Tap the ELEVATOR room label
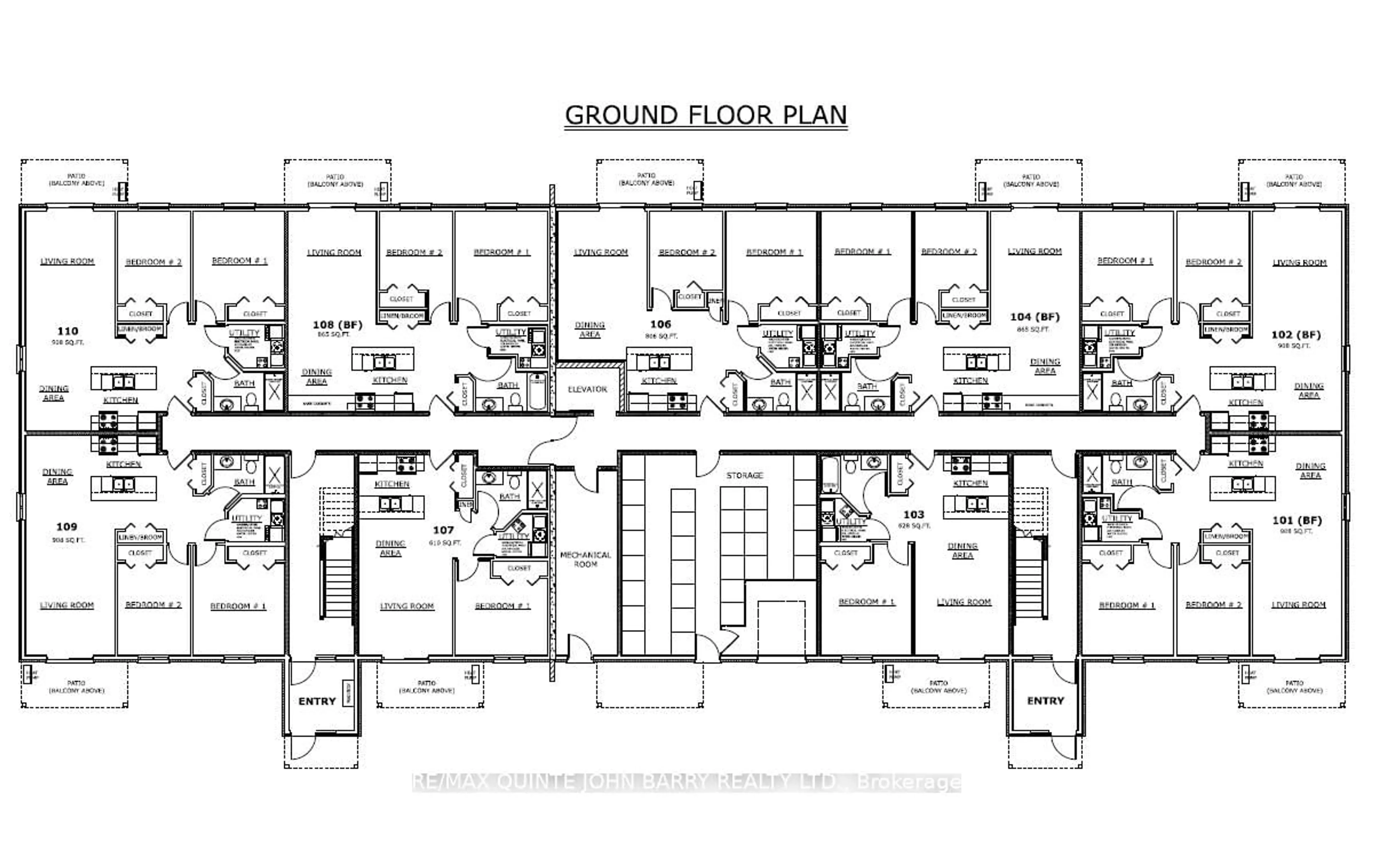point(587,389)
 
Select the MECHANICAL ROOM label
point(585,559)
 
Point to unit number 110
point(68,331)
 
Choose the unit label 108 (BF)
point(337,324)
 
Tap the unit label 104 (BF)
point(1034,316)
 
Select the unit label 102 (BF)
point(1296,335)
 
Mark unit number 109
point(67,527)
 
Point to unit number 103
point(914,514)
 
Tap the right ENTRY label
point(1045,701)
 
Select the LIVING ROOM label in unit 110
point(68,261)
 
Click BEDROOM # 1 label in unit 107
point(503,606)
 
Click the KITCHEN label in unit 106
point(658,381)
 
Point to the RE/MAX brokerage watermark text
point(686,782)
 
